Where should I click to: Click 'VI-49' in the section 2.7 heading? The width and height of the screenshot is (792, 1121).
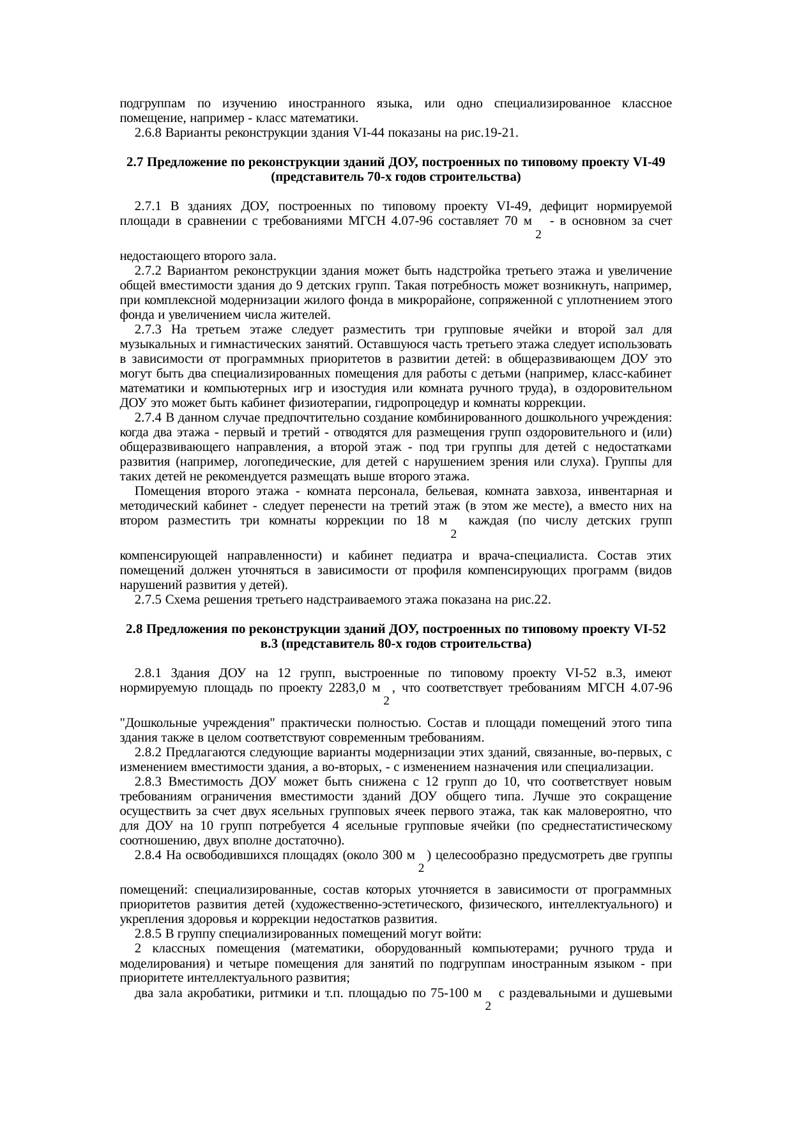coord(650,162)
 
